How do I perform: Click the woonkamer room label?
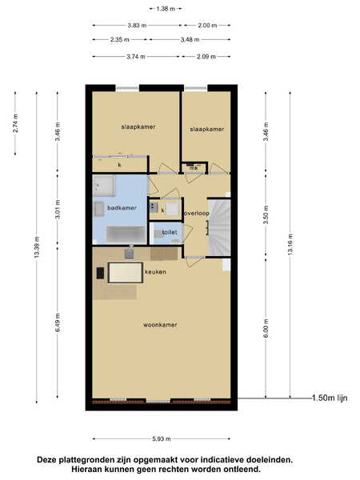pos(160,325)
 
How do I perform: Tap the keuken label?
pos(155,272)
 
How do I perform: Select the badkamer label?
pos(122,208)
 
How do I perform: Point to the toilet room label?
pos(170,232)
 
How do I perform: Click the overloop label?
pos(197,214)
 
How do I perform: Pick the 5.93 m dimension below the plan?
pos(162,439)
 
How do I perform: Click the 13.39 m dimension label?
pos(37,247)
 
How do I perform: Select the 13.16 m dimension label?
pos(290,244)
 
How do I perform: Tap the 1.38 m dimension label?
pos(166,9)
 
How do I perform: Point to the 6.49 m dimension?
pos(58,322)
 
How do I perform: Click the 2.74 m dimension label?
pos(15,123)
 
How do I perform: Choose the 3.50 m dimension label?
pos(266,214)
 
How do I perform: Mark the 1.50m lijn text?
pos(330,398)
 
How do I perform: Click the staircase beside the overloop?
pos(219,227)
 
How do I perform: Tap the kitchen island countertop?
pos(126,273)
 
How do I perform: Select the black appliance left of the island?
pos(100,273)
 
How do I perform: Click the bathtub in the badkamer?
pos(126,234)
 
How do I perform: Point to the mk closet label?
pos(194,168)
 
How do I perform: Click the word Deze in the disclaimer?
pos(46,460)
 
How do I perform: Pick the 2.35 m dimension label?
pos(120,39)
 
